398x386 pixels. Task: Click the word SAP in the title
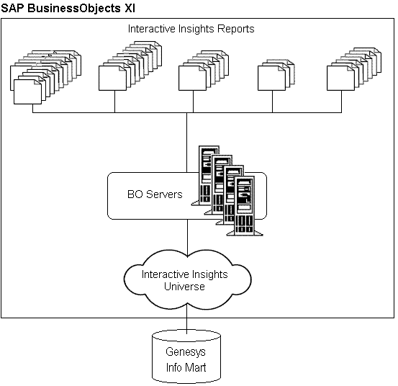(x=14, y=8)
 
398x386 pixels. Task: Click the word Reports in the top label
(x=235, y=30)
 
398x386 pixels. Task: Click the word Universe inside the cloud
(x=185, y=286)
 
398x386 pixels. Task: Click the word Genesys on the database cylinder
(x=186, y=353)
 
